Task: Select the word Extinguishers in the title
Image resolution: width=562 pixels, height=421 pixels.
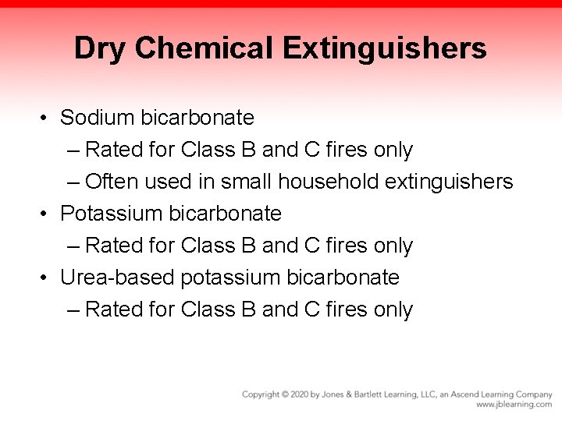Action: point(386,49)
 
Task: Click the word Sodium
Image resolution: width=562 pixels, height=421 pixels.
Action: point(98,117)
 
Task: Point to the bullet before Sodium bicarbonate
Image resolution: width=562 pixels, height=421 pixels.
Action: point(47,118)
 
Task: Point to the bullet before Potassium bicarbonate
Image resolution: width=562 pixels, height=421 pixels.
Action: point(47,213)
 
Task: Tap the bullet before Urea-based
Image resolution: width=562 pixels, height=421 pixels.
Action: point(47,277)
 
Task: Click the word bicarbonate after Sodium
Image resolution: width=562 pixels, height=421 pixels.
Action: point(198,117)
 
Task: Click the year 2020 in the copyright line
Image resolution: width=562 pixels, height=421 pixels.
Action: point(301,394)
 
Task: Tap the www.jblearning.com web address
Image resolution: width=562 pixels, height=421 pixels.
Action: point(514,405)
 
